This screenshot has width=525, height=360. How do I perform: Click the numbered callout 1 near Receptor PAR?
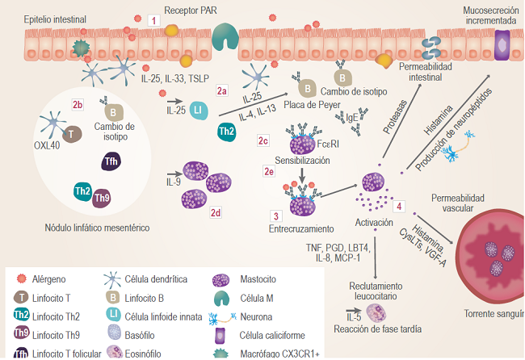pyautogui.click(x=154, y=18)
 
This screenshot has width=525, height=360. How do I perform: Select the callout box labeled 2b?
pyautogui.click(x=78, y=105)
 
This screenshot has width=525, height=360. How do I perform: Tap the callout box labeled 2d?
pyautogui.click(x=216, y=212)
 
